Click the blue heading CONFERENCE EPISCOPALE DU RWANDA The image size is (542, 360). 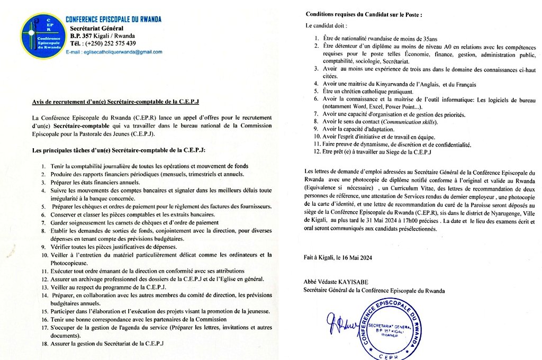click(113, 20)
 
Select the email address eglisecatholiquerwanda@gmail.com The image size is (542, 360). click(114, 52)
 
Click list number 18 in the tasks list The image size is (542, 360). click(43, 343)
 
